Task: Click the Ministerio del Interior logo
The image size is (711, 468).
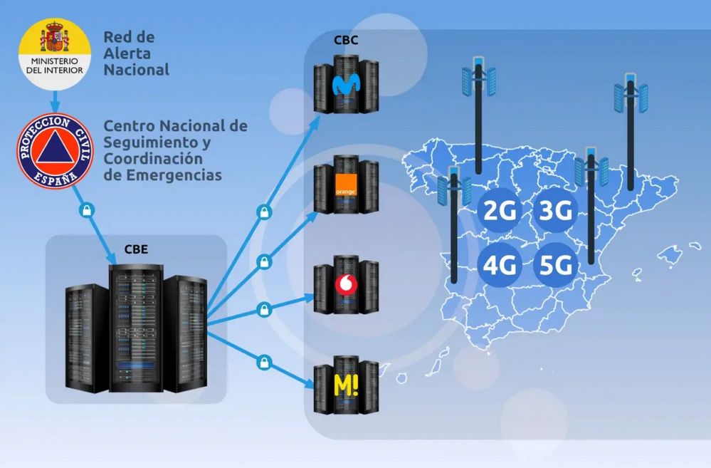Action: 54,53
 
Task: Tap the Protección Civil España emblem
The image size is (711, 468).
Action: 54,151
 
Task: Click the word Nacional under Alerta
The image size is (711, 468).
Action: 137,70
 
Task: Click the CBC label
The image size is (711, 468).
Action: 346,40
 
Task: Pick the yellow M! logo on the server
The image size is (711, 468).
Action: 346,386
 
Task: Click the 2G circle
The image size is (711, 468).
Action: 500,210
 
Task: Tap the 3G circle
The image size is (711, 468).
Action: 554,210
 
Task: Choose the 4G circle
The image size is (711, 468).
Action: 500,266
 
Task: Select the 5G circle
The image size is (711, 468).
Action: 554,266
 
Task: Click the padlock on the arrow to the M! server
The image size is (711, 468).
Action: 263,360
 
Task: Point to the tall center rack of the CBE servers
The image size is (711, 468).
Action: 136,328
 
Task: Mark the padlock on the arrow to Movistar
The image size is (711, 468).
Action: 263,212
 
